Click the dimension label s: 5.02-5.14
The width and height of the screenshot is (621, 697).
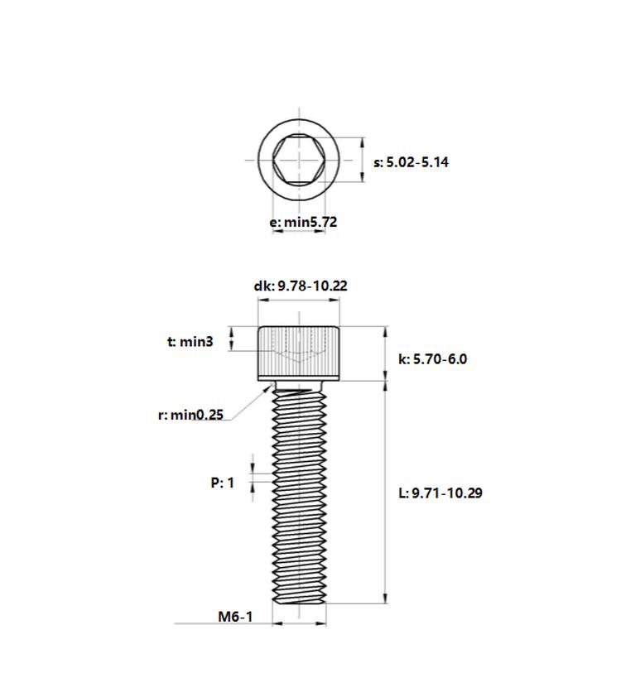point(411,162)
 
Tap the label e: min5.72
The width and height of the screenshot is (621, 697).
point(303,222)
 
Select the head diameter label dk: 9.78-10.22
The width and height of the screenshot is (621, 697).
point(301,286)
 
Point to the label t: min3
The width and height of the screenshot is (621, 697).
point(190,341)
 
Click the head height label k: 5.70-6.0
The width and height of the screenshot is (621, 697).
point(432,359)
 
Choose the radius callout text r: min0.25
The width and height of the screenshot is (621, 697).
point(190,415)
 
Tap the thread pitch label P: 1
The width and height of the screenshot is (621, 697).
point(222,483)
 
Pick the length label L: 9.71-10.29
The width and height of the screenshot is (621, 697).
point(440,493)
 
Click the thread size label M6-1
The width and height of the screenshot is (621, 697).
point(235,617)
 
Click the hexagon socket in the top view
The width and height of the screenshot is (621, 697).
point(299,160)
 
